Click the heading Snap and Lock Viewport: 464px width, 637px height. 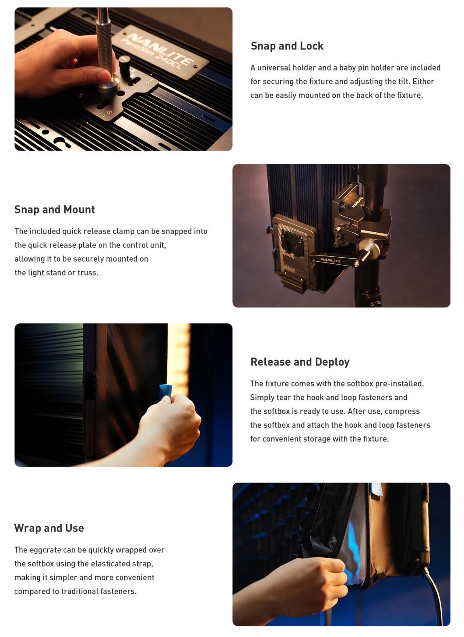click(x=287, y=46)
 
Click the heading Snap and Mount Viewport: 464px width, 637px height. click(x=54, y=209)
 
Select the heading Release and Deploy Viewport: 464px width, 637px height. click(x=300, y=362)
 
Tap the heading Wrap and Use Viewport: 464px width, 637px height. click(x=49, y=528)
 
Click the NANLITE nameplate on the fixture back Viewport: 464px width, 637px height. click(x=161, y=52)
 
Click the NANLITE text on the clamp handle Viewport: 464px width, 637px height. click(x=330, y=260)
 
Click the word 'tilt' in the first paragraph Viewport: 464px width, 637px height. click(x=404, y=82)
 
